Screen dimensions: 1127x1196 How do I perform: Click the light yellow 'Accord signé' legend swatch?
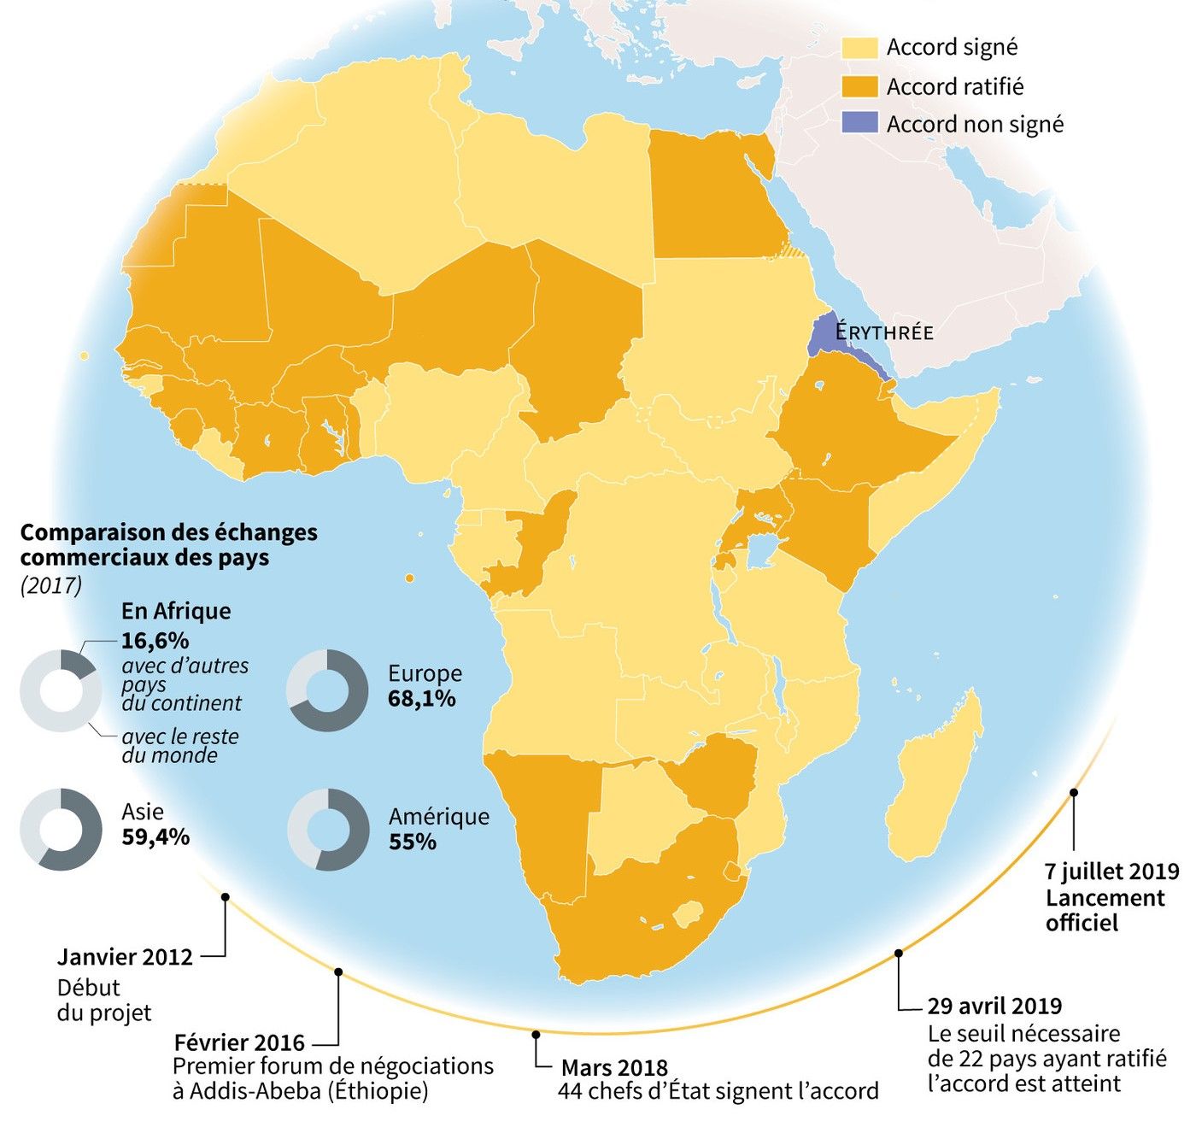[859, 48]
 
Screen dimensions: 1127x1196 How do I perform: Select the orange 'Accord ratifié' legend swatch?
[859, 86]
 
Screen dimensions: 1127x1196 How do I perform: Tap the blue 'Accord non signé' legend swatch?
[859, 124]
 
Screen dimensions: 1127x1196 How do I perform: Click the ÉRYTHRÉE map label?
[884, 332]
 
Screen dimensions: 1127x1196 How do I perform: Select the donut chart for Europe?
[327, 690]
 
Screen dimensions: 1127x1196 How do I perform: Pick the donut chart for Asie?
[61, 829]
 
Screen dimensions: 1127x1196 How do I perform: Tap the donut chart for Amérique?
[328, 829]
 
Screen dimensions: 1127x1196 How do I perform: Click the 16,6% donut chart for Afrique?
[61, 690]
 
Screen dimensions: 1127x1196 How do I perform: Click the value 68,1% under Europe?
[421, 699]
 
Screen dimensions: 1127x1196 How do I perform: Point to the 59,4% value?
[155, 836]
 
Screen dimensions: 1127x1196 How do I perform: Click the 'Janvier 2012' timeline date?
[125, 957]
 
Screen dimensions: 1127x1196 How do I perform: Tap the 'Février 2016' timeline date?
[239, 1042]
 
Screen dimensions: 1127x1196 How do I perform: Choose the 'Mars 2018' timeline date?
[614, 1068]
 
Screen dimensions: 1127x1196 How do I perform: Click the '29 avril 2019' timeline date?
[994, 1007]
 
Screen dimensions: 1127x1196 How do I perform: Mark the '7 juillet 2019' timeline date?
[1111, 872]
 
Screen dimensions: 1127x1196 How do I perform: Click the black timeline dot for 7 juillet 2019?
[1074, 793]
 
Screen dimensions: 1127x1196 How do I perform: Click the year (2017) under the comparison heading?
[51, 586]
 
